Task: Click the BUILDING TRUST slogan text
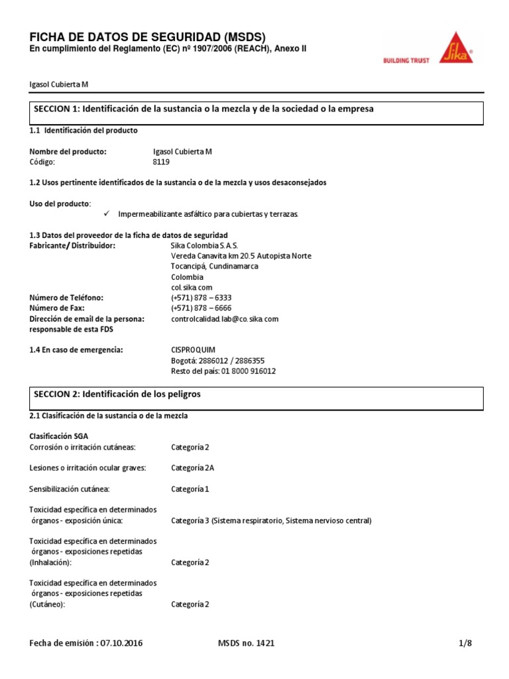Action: (406, 60)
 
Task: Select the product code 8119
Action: (162, 161)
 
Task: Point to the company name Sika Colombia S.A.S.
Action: (199, 245)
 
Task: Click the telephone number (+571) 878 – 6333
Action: (201, 298)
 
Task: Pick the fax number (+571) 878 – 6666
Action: (201, 308)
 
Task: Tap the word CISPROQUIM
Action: (193, 349)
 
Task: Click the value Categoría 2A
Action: (192, 467)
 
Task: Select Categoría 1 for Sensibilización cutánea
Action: (190, 489)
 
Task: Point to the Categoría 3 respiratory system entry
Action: (270, 521)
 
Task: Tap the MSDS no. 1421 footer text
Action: (246, 643)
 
